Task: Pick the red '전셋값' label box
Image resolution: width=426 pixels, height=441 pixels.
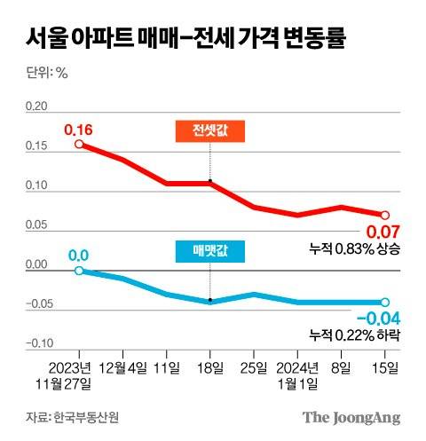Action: pos(209,132)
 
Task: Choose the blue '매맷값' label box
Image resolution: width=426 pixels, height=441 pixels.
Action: pos(209,252)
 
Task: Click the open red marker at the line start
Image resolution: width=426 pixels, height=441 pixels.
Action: pos(78,144)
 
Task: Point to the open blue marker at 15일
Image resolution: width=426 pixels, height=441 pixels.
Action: pos(385,302)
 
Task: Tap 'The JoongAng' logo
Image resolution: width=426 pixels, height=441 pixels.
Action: pos(351,417)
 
